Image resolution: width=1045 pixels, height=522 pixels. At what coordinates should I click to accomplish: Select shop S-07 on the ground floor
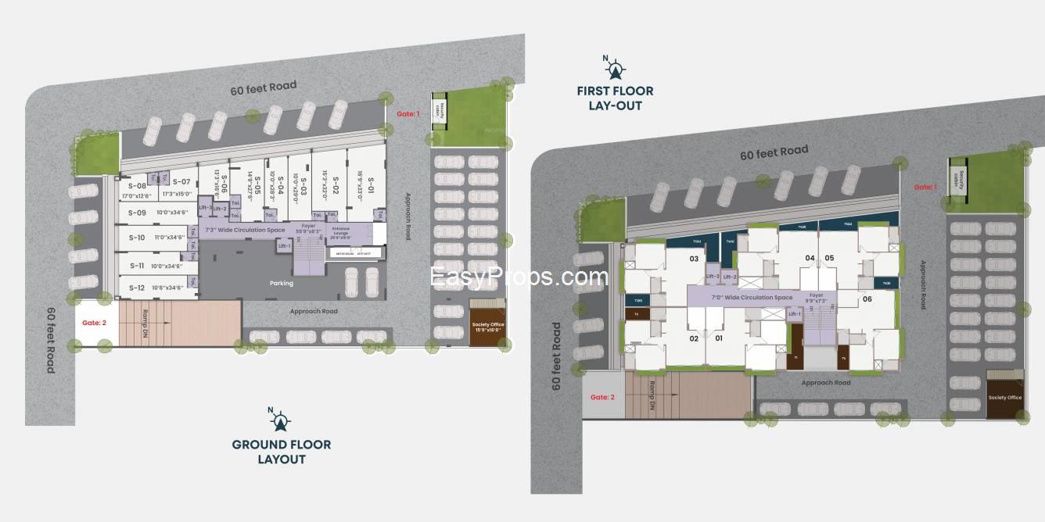coord(181,182)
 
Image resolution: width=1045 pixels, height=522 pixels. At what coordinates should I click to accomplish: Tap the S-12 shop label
coord(137,288)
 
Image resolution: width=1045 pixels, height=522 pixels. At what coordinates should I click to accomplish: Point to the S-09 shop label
coord(137,213)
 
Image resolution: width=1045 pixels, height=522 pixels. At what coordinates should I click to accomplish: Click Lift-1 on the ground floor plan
coord(284,246)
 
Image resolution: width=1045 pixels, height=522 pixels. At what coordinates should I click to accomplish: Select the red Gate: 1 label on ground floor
coord(408,114)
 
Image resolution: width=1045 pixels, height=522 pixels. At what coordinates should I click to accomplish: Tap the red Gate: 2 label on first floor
coord(602,397)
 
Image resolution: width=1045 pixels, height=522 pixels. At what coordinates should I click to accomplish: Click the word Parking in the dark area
coord(281,283)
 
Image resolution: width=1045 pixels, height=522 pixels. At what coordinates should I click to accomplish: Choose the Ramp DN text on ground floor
coord(145,322)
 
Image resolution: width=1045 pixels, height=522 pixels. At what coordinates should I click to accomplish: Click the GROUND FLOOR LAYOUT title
coord(281,452)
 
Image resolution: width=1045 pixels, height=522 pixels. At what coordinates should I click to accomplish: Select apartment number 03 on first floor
coord(693,259)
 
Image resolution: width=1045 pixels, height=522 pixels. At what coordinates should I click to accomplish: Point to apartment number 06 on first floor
coord(867,299)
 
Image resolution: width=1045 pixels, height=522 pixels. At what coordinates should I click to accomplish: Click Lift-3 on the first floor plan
coord(712,277)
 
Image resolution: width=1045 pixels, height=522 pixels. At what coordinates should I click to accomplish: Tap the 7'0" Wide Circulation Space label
coord(752,298)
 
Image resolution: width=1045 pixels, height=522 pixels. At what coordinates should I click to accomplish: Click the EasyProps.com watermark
coord(519,277)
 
